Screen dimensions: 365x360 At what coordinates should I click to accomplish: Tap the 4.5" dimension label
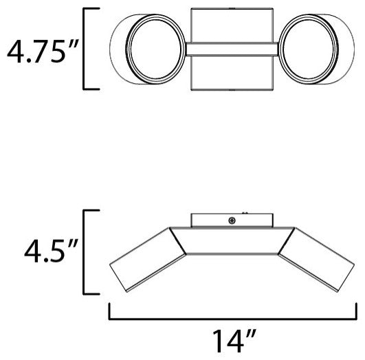pyautogui.click(x=51, y=251)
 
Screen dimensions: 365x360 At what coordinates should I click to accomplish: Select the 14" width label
pyautogui.click(x=234, y=341)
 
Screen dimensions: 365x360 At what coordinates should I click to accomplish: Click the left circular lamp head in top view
pyautogui.click(x=155, y=49)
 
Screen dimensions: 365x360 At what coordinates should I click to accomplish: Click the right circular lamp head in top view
pyautogui.click(x=309, y=49)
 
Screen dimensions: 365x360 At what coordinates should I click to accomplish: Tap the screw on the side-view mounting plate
pyautogui.click(x=232, y=221)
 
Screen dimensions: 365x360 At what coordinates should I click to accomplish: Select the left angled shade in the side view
pyautogui.click(x=148, y=260)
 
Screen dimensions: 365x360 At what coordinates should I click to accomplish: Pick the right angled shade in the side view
pyautogui.click(x=316, y=260)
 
